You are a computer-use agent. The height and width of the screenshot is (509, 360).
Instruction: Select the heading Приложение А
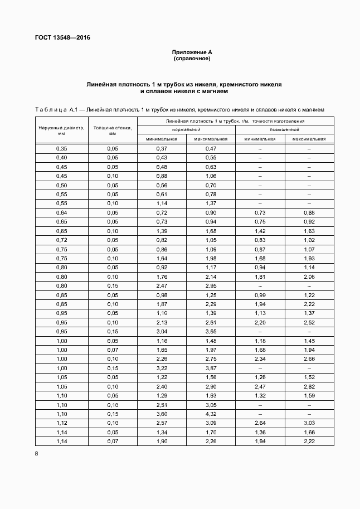pos(192,52)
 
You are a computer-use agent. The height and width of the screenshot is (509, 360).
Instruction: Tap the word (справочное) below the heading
pos(192,59)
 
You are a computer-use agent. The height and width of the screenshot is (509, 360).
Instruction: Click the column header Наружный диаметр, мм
pos(62,130)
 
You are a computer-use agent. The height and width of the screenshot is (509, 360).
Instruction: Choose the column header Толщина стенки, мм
pos(113,130)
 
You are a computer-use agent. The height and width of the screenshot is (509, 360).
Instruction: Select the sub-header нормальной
pos(186,129)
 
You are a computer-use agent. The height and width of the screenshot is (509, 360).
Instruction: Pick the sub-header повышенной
pos(284,129)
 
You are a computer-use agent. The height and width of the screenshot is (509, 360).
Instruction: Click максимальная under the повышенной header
pos(309,139)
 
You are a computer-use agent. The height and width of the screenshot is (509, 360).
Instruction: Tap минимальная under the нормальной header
pos(162,139)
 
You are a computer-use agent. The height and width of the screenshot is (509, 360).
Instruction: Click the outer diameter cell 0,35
pos(62,149)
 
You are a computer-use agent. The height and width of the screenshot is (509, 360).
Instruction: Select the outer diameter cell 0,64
pos(62,213)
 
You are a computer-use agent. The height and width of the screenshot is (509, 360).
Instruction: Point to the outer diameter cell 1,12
pos(62,423)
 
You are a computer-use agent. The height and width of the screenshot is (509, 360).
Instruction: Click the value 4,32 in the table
pos(211,414)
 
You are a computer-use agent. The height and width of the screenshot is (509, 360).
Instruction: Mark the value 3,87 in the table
pos(211,369)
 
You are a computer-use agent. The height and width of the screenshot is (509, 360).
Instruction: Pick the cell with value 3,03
pos(309,423)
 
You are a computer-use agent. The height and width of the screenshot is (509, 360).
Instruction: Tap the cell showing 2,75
pos(211,359)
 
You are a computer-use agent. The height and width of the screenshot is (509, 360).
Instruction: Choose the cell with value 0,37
pos(162,149)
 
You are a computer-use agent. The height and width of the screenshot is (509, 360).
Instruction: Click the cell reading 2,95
pos(211,286)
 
